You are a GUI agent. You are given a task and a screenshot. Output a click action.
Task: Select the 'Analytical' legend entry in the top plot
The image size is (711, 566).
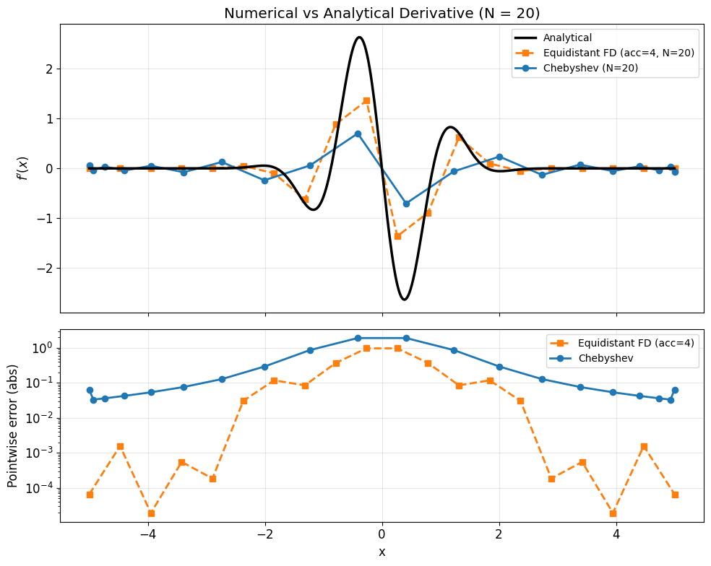[x=567, y=38]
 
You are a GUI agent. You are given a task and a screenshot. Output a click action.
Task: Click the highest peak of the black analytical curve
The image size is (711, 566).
[x=359, y=38]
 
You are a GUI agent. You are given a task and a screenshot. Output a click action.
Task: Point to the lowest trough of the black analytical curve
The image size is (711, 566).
[x=405, y=299]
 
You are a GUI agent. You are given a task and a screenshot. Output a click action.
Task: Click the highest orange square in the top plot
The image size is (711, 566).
[x=366, y=100]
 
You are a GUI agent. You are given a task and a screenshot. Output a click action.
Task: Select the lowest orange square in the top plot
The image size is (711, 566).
[x=397, y=236]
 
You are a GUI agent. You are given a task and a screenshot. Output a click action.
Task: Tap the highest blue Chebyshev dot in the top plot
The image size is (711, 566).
[x=358, y=134]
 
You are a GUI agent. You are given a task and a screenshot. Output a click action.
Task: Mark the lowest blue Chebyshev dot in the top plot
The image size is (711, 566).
[x=406, y=204]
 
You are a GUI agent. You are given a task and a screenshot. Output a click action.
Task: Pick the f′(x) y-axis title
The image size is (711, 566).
[x=22, y=168]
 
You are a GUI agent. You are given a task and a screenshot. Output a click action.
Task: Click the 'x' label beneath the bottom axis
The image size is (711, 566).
[x=382, y=552]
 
